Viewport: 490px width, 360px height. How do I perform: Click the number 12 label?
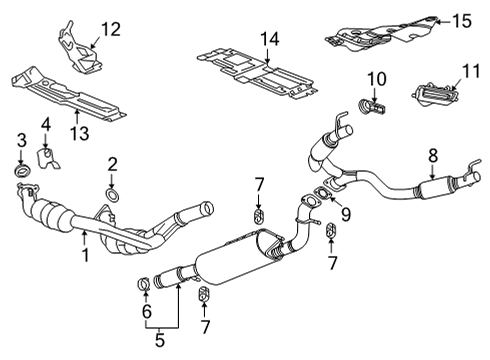pyautogui.click(x=110, y=29)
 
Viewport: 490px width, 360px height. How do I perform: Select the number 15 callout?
pyautogui.click(x=460, y=20)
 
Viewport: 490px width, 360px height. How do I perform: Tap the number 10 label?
pyautogui.click(x=378, y=77)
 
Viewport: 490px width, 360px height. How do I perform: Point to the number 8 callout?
pyautogui.click(x=432, y=155)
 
